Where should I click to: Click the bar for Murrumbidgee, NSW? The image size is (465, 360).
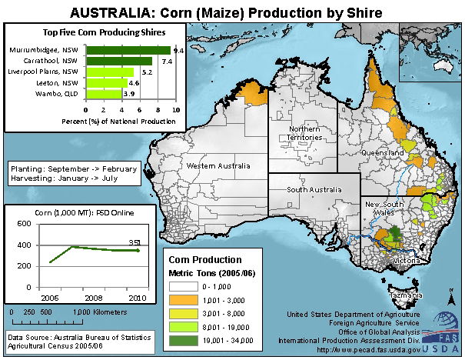[128, 50]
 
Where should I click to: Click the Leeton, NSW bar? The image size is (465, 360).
[107, 82]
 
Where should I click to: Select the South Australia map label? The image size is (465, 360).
[313, 188]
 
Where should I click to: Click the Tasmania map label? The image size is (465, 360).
[404, 295]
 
